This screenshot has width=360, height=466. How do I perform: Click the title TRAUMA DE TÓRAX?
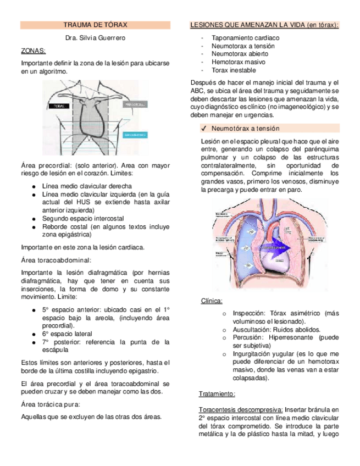95,25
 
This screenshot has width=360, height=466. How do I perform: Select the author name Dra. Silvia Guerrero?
95,38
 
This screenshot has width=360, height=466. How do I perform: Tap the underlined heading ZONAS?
33,51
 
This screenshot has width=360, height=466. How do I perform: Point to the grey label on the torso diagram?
135,104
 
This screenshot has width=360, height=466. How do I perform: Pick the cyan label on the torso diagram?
135,134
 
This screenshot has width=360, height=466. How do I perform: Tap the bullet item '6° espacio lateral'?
67,334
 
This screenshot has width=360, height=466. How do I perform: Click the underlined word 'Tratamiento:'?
217,394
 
